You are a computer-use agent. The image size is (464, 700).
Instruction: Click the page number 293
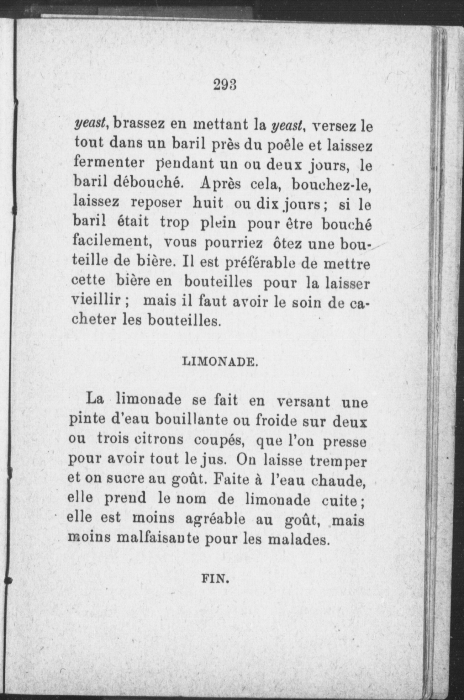coord(225,85)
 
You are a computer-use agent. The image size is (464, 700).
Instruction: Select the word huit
coord(208,203)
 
